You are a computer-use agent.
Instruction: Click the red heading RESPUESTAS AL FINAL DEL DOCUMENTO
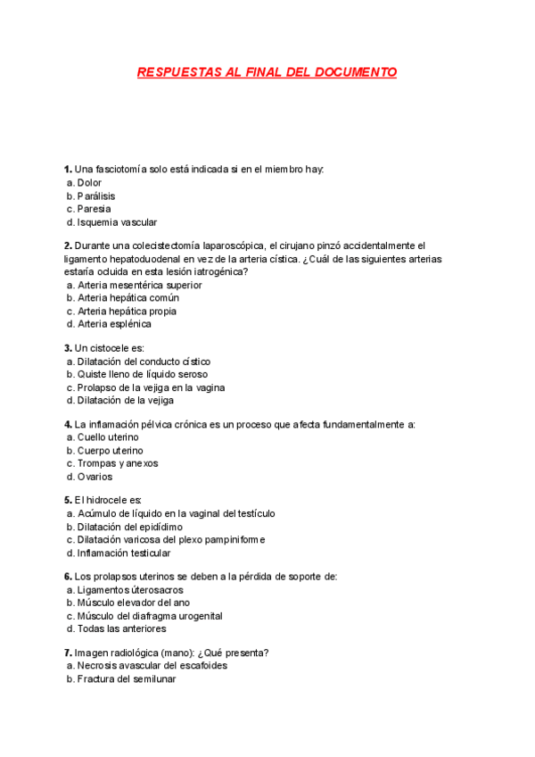click(x=267, y=72)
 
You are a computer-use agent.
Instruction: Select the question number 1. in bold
click(x=68, y=170)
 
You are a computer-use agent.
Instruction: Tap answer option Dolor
click(x=89, y=183)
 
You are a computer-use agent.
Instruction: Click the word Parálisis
click(x=96, y=196)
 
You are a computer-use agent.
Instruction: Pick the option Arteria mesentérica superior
click(x=139, y=286)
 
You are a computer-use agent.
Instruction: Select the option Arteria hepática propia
click(x=127, y=312)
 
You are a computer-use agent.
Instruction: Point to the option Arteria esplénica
click(x=114, y=325)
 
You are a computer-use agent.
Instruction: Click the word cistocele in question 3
click(x=111, y=348)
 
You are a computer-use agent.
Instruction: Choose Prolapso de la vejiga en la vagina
click(x=150, y=388)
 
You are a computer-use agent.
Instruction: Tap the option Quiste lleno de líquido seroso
click(x=143, y=375)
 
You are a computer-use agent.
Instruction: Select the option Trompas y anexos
click(x=117, y=464)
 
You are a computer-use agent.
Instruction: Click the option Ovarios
click(x=95, y=477)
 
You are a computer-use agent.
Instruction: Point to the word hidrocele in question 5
click(x=106, y=500)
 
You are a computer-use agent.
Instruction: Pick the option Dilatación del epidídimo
click(x=132, y=527)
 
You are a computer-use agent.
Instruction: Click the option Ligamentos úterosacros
click(x=129, y=590)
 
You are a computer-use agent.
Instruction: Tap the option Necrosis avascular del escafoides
click(x=152, y=666)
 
